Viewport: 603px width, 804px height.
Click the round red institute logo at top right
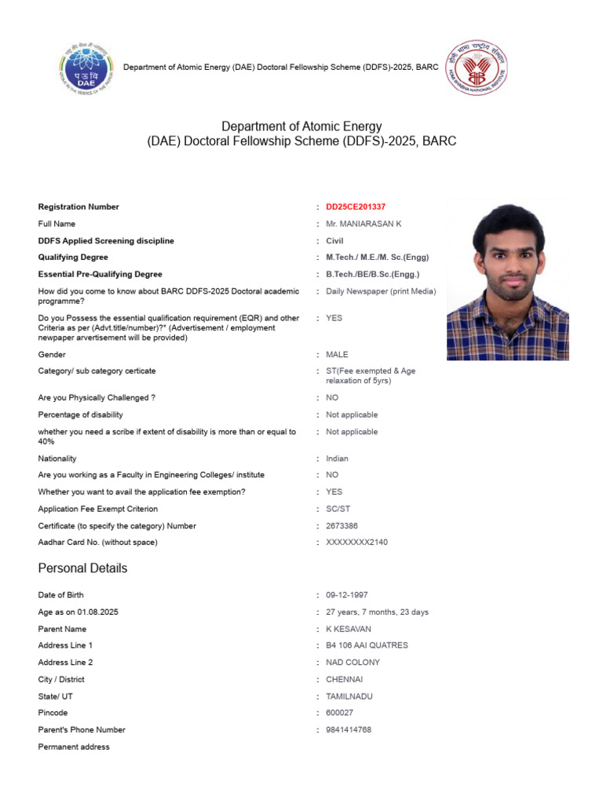477,68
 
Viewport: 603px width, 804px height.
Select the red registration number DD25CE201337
356,207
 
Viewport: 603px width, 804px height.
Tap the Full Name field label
57,225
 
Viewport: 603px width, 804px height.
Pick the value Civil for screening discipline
334,241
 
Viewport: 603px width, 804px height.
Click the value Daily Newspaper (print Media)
381,291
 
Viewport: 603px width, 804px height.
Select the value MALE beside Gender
337,355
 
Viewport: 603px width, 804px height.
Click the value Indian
337,459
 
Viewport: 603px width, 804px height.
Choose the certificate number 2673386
342,526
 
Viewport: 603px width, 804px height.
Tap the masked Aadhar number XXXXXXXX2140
356,543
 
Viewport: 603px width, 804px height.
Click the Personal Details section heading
82,568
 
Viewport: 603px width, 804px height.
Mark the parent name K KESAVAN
349,629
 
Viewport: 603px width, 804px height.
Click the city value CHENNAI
344,680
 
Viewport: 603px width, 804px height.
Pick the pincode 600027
339,713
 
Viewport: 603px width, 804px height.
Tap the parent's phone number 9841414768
349,730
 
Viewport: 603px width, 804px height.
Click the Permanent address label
74,747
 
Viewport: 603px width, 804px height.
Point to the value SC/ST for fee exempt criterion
338,509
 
